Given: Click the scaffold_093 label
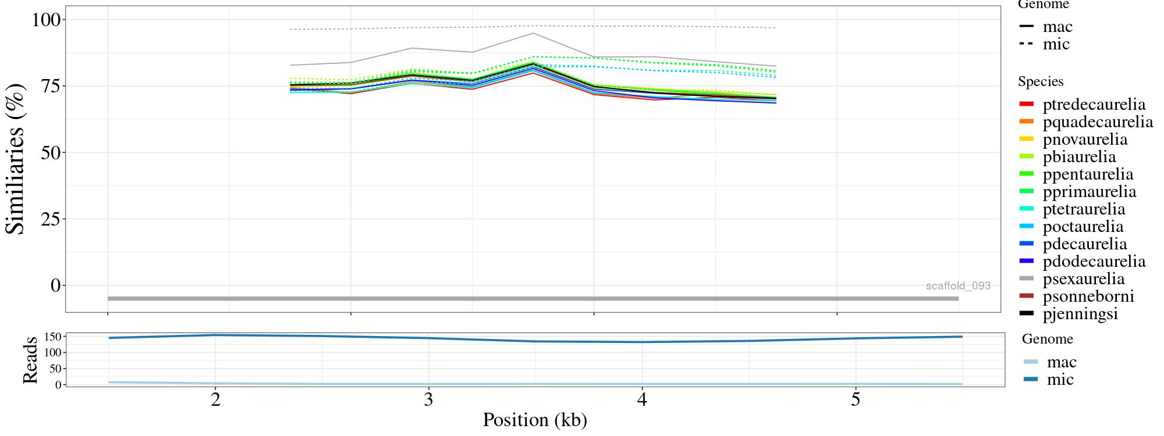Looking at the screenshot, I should pyautogui.click(x=958, y=286).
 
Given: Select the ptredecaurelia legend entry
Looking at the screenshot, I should pyautogui.click(x=1094, y=105).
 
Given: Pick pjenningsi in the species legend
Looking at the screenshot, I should pyautogui.click(x=1080, y=314).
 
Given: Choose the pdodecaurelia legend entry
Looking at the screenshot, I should pyautogui.click(x=1094, y=262).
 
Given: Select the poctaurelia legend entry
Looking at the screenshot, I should pyautogui.click(x=1083, y=227).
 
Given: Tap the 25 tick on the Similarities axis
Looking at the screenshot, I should pyautogui.click(x=51, y=219).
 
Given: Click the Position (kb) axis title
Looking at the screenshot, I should pyautogui.click(x=534, y=420).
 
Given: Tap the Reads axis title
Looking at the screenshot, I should pyautogui.click(x=30, y=360).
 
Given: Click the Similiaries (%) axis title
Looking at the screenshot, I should pyautogui.click(x=16, y=158).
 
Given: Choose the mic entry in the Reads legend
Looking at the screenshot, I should pyautogui.click(x=1060, y=380).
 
